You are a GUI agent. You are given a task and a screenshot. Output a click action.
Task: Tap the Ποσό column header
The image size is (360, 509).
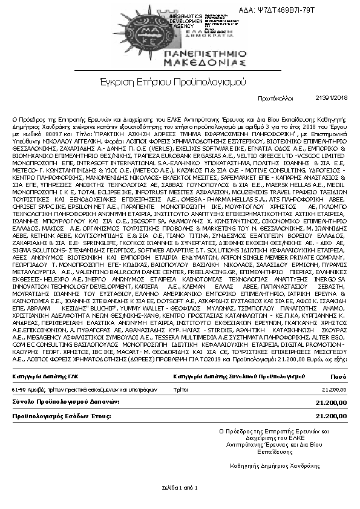pos(339,376)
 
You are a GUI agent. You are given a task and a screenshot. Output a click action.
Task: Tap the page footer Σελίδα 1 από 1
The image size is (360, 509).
pos(180,487)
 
